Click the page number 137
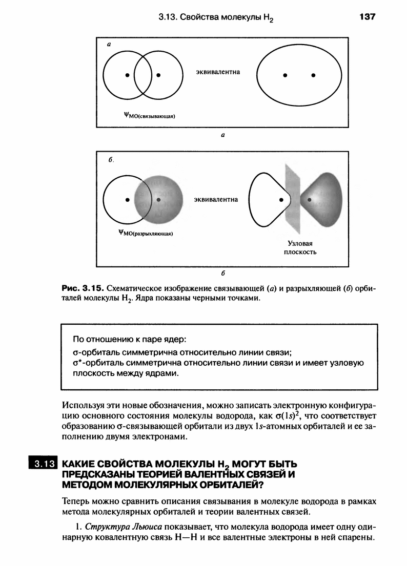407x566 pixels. point(368,17)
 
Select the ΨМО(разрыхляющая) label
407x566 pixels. point(146,235)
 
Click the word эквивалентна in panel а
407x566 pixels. point(218,72)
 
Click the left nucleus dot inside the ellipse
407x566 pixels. point(284,75)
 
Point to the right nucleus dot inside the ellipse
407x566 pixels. point(313,75)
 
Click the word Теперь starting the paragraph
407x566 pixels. point(75,500)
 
